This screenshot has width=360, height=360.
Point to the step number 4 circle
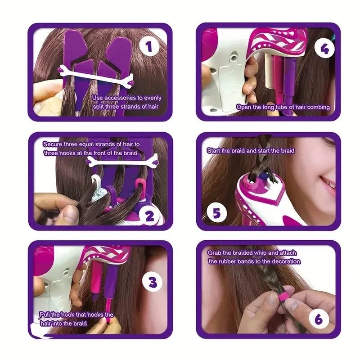coord(324,49)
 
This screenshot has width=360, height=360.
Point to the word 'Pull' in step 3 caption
coord(45,315)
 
